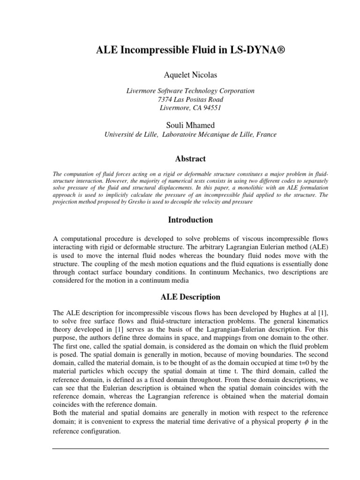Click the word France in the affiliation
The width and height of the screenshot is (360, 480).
[x=266, y=135]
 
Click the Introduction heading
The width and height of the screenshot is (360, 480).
[x=190, y=220]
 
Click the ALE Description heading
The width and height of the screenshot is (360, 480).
[x=190, y=297]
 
